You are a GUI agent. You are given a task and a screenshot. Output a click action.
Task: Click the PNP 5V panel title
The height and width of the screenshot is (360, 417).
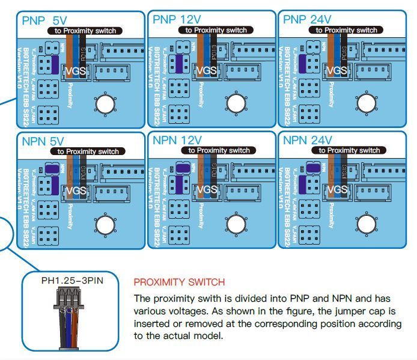pyautogui.click(x=44, y=20)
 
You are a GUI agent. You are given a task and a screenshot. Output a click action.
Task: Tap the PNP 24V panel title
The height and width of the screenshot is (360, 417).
pyautogui.click(x=306, y=19)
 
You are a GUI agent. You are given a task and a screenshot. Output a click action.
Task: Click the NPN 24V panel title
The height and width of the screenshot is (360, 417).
pyautogui.click(x=307, y=141)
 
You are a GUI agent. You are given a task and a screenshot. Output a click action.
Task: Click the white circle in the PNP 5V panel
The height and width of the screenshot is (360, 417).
pyautogui.click(x=106, y=103)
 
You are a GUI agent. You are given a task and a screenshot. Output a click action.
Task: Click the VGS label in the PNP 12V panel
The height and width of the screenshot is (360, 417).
pyautogui.click(x=206, y=70)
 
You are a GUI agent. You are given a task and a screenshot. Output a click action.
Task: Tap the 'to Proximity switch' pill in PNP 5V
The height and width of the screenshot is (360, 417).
pyautogui.click(x=88, y=31)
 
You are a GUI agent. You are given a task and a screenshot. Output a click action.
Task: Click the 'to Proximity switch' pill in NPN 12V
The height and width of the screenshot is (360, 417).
pyautogui.click(x=219, y=150)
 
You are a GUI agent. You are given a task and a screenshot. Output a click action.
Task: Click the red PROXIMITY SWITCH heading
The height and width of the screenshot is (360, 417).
pyautogui.click(x=180, y=282)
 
